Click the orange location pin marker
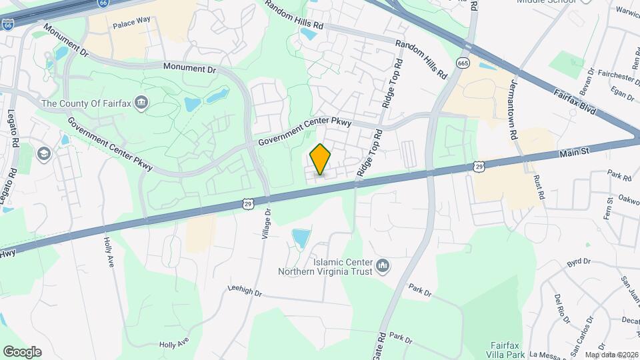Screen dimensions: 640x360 pyautogui.click(x=321, y=159)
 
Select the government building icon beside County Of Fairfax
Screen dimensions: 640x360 pyautogui.click(x=142, y=103)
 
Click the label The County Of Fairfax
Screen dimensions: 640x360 pyautogui.click(x=86, y=103)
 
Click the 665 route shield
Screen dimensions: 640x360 pyautogui.click(x=463, y=62)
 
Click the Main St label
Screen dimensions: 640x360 pyautogui.click(x=575, y=153)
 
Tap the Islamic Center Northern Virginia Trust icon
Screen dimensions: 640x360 pyautogui.click(x=383, y=267)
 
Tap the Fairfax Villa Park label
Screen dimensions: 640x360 pyautogui.click(x=505, y=349)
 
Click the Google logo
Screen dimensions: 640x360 pyautogui.click(x=22, y=352)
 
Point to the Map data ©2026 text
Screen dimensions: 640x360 pyautogui.click(x=611, y=355)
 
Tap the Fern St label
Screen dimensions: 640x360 pyautogui.click(x=609, y=209)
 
